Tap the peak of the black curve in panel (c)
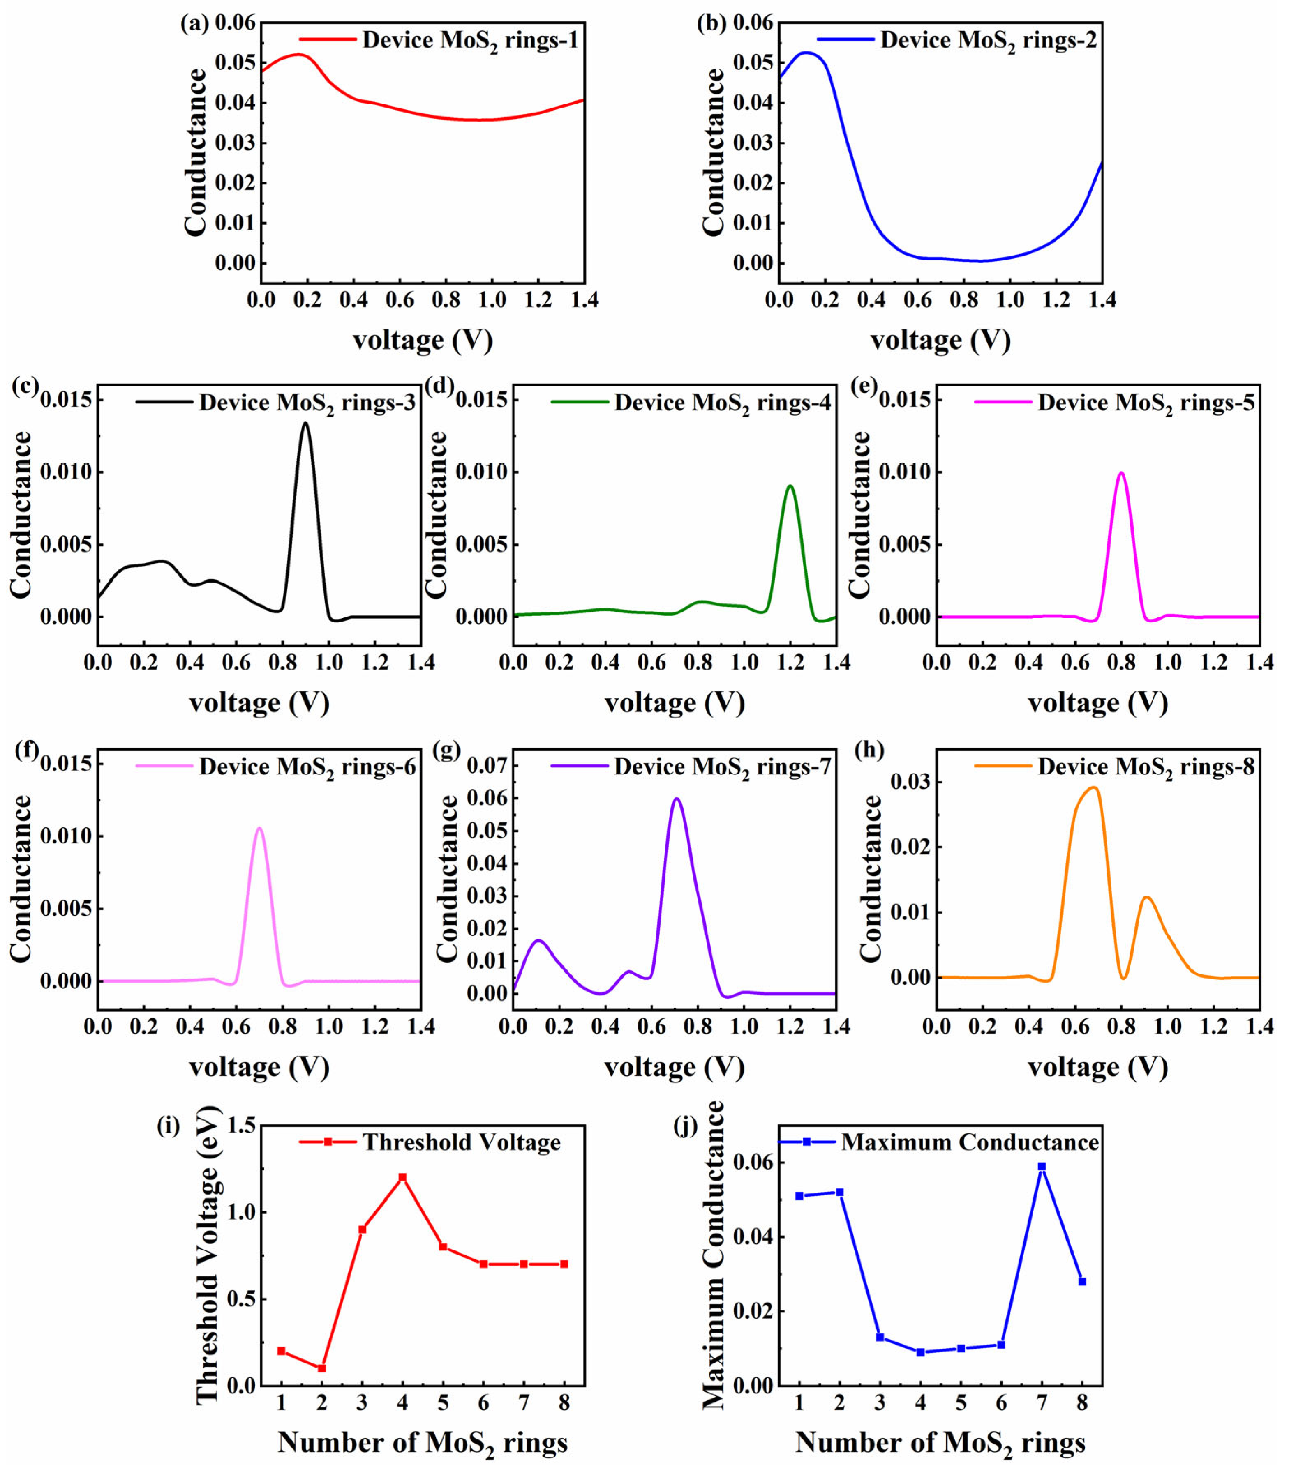[x=305, y=423]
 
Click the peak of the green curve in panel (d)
[x=790, y=486]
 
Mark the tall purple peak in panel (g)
[x=676, y=799]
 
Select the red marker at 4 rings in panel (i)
[x=402, y=1177]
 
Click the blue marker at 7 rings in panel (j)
[x=1042, y=1166]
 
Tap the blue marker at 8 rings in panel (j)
[x=1082, y=1281]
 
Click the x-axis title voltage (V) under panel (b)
[x=940, y=340]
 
